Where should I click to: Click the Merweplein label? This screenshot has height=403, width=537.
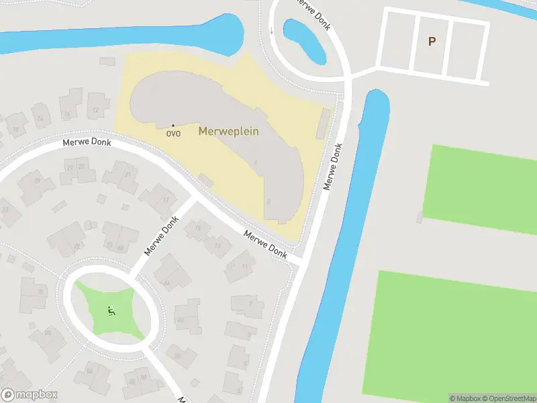[228, 131]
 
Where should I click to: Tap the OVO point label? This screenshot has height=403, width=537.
[173, 133]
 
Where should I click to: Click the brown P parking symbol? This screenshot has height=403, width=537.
[432, 41]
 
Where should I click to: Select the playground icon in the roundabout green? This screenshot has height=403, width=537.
[111, 310]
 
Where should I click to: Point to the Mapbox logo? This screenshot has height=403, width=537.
[30, 395]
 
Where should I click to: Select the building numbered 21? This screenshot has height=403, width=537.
[126, 175]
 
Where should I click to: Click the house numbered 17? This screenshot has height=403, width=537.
[165, 199]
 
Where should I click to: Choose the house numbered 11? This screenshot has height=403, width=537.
[244, 267]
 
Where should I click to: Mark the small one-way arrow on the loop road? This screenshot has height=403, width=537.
[271, 31]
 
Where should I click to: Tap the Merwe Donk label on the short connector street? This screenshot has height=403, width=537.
[161, 236]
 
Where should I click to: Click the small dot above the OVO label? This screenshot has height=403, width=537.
[173, 125]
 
